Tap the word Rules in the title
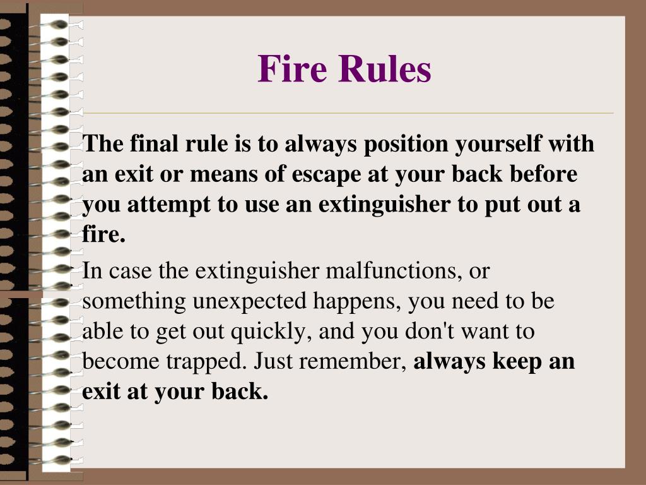pyautogui.click(x=385, y=69)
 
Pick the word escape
pyautogui.click(x=327, y=175)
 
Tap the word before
pyautogui.click(x=546, y=174)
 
